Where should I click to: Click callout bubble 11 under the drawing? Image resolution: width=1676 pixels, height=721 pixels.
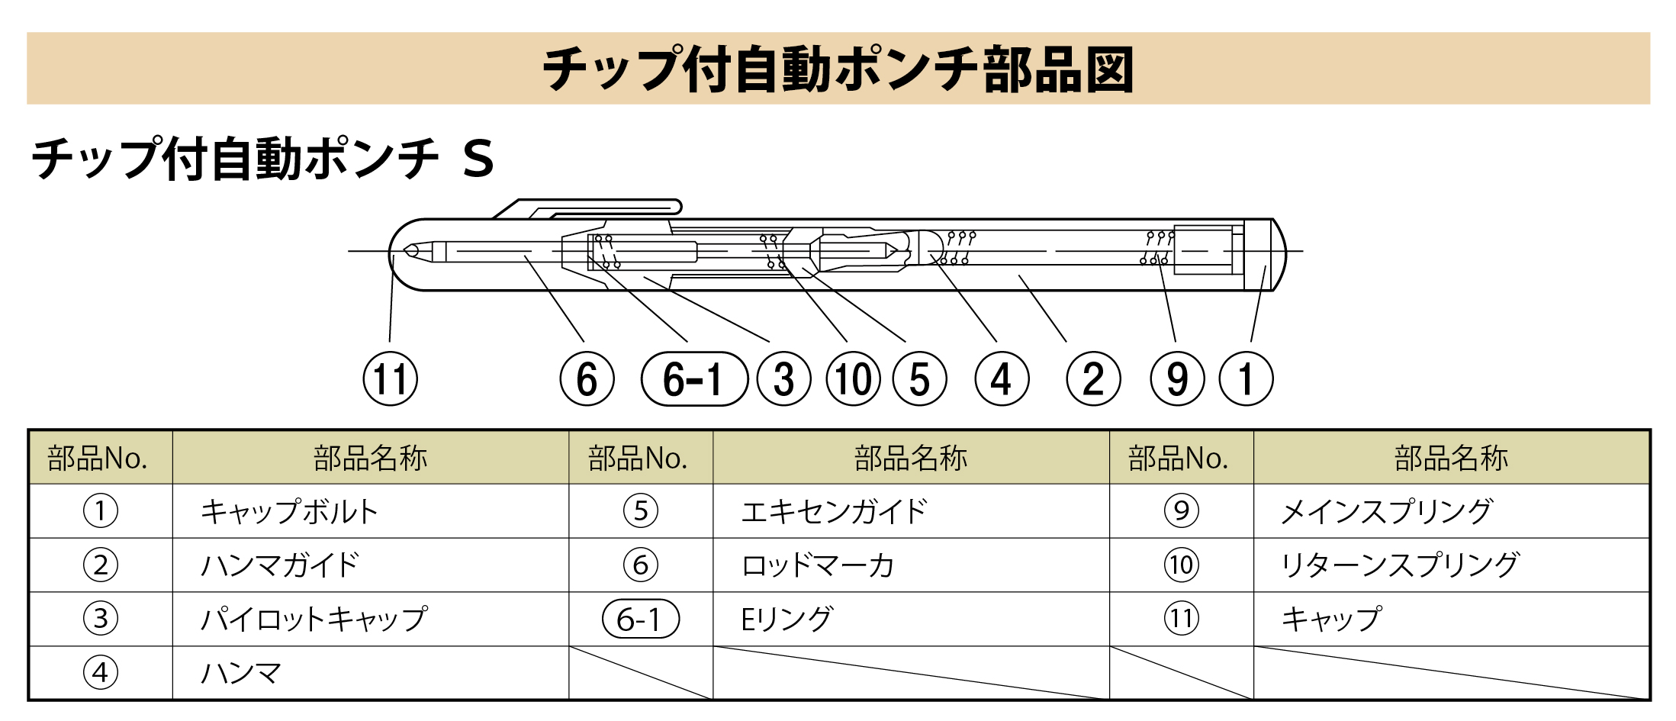[390, 379]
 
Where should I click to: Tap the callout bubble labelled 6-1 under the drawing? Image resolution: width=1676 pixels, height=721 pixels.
[693, 379]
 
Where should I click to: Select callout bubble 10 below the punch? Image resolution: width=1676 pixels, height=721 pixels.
[853, 379]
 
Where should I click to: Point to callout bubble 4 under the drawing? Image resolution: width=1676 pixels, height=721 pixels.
[1002, 379]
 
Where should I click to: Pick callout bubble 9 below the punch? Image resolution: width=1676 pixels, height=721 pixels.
[1177, 379]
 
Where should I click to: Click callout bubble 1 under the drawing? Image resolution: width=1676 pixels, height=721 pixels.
[1246, 379]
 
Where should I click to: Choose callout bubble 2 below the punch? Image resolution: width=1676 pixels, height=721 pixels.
[1093, 379]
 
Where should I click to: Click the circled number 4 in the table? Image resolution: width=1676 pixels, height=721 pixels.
[100, 673]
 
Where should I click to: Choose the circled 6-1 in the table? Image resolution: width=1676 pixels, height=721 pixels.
[640, 619]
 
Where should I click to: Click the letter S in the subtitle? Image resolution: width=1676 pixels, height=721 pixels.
[478, 159]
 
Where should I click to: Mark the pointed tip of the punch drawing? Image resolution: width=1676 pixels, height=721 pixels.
[408, 250]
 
